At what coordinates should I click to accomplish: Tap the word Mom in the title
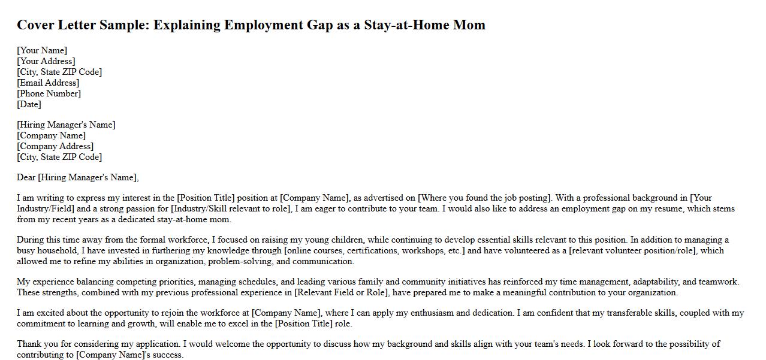[470, 25]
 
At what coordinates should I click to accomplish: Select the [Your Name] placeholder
[42, 50]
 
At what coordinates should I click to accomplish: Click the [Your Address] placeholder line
[46, 61]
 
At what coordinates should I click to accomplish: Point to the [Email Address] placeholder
[48, 83]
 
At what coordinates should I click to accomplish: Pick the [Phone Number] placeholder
[49, 93]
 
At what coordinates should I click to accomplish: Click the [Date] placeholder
[29, 104]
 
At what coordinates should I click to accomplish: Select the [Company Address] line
[55, 146]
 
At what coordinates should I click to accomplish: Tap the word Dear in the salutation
[26, 177]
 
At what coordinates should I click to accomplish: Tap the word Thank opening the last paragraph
[29, 344]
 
